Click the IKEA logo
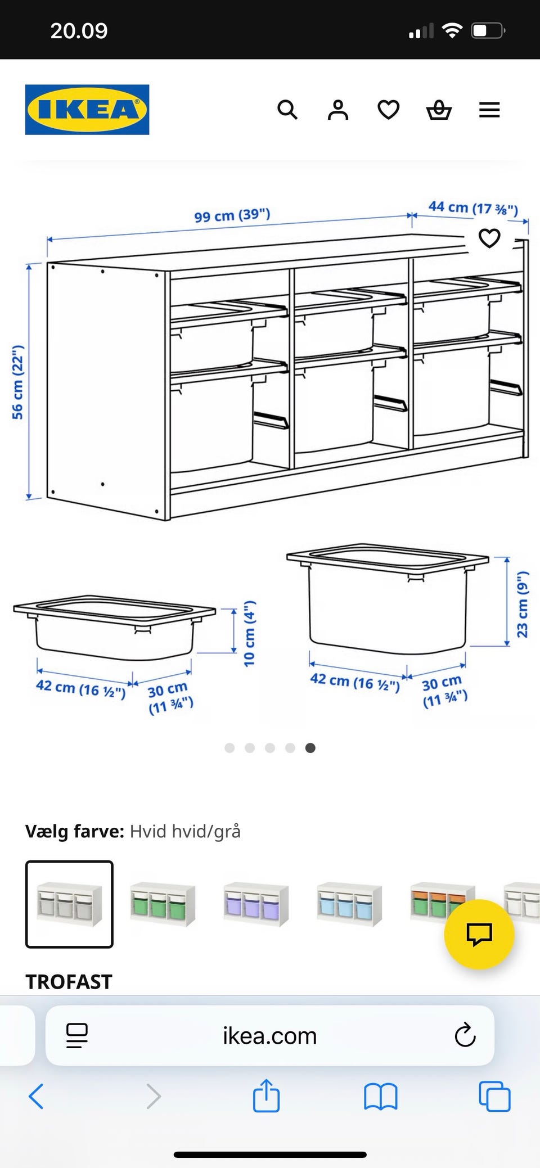[x=87, y=110]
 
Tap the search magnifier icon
[x=287, y=110]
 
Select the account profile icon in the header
[x=338, y=110]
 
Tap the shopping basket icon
[x=439, y=110]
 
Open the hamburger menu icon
[x=489, y=110]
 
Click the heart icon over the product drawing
[x=489, y=238]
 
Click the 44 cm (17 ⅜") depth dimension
[x=473, y=208]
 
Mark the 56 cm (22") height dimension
[x=18, y=382]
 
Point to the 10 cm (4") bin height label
[x=249, y=633]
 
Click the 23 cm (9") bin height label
[x=523, y=605]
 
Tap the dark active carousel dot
[x=310, y=748]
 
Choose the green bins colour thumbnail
[x=163, y=904]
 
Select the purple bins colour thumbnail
[x=256, y=904]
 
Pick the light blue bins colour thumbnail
[x=349, y=904]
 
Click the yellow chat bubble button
[x=479, y=935]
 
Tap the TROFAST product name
[x=69, y=982]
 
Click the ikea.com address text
[x=270, y=1036]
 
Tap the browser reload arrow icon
[x=465, y=1035]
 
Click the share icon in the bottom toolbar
[x=266, y=1095]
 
